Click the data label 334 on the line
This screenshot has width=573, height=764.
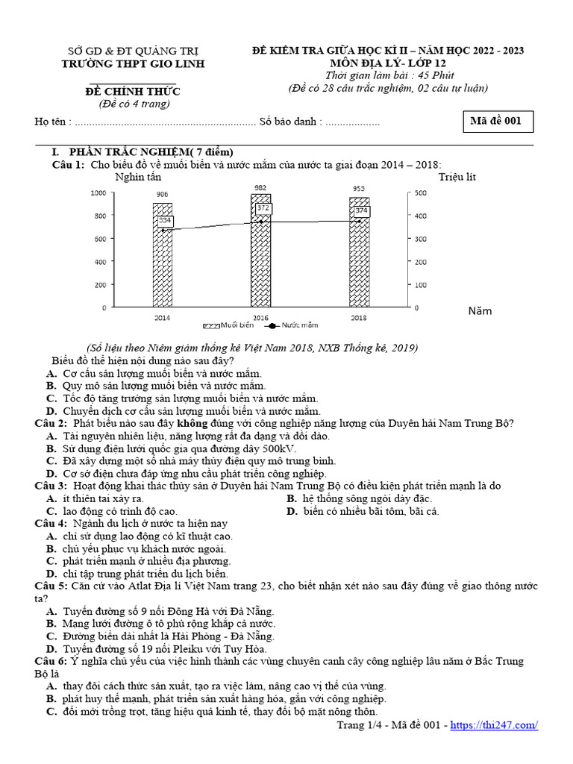[x=165, y=221]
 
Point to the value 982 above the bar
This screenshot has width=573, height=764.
[x=261, y=187]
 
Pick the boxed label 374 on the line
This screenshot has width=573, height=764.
[x=362, y=211]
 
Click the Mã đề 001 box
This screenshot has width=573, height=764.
[x=495, y=122]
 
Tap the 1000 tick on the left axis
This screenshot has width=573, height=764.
[x=98, y=193]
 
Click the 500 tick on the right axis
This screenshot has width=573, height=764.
[x=421, y=193]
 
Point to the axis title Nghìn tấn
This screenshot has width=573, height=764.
[x=138, y=178]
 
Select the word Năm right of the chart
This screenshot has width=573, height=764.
[x=480, y=311]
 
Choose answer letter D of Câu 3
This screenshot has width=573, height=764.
[x=292, y=511]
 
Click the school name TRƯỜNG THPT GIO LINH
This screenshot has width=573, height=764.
[x=132, y=63]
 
